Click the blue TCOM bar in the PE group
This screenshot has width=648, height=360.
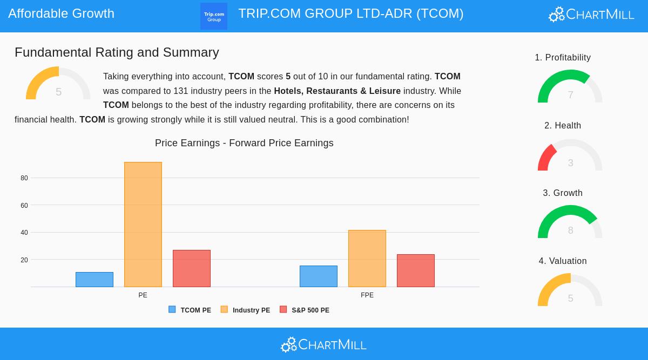click(94, 280)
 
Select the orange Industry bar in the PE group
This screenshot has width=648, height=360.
click(143, 225)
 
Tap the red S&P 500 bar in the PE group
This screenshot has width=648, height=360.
click(192, 268)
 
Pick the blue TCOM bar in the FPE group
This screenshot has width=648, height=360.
click(319, 276)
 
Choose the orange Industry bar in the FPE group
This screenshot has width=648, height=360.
click(367, 259)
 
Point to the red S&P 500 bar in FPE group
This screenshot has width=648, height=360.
click(416, 270)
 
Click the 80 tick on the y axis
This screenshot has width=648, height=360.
click(24, 178)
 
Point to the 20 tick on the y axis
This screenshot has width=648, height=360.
click(24, 260)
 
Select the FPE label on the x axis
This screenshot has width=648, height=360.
click(367, 295)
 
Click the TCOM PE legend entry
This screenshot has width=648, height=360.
click(190, 310)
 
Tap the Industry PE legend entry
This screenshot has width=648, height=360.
click(246, 310)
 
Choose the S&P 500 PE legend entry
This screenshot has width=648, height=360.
click(305, 310)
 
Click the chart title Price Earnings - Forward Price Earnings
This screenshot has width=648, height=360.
click(244, 143)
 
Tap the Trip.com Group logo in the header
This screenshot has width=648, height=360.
click(214, 16)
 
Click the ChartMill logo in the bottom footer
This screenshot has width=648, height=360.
click(323, 344)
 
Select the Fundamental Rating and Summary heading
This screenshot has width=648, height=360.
click(117, 52)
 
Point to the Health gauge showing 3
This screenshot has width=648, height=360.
click(570, 157)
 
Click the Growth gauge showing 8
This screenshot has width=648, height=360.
click(570, 223)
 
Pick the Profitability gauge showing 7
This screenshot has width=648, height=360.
click(570, 88)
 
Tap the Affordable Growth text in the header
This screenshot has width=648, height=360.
click(61, 13)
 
